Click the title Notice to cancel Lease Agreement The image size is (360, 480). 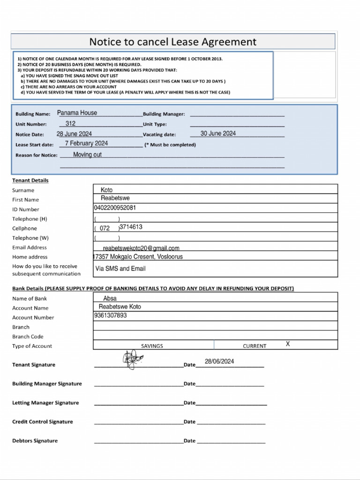172,42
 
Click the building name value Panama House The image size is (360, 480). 77,113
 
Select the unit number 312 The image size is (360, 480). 70,124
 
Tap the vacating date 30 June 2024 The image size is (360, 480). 218,134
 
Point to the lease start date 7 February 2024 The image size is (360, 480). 86,143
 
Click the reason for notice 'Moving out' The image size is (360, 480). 87,155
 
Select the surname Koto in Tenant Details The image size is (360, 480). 106,190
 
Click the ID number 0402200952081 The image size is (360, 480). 115,208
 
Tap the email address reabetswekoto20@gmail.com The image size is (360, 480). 141,248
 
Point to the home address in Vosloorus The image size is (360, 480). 138,257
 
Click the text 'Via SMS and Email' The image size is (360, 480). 120,269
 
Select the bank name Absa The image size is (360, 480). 110,298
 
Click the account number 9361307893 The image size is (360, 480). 110,315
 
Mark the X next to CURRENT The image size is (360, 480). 288,344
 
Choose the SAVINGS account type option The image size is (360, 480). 152,346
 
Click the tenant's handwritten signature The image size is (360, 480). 132,359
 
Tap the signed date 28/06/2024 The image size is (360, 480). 219,361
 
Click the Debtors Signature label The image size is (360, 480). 35,441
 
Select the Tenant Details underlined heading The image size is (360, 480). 30,180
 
